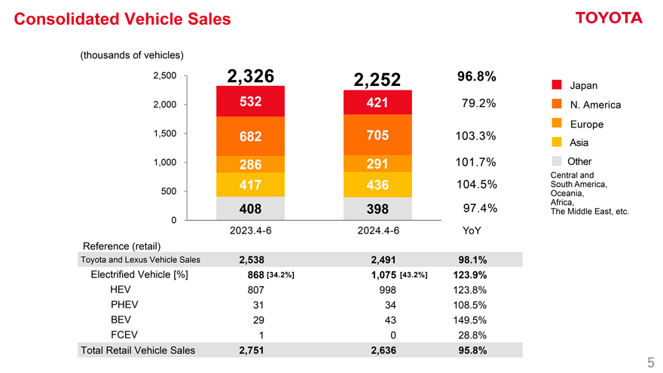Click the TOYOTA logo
[608, 18]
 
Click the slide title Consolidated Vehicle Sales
[123, 20]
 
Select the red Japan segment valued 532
[250, 102]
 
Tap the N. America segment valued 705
[377, 135]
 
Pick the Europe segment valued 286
[250, 165]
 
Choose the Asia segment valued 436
[377, 185]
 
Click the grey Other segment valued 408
[250, 207]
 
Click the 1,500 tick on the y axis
[164, 133]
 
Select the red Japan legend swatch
[557, 84]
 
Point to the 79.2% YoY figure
[475, 103]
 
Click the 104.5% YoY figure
[475, 185]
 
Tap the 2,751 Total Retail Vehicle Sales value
[251, 350]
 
